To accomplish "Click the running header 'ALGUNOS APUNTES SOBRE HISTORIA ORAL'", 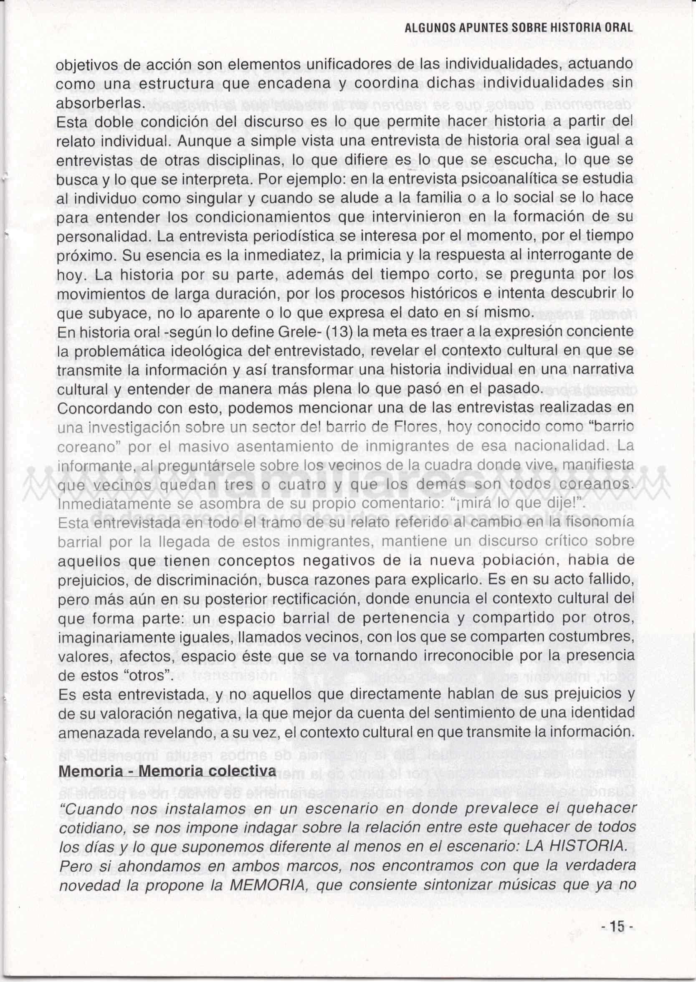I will [x=519, y=28].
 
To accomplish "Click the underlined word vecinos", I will [x=122, y=485].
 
